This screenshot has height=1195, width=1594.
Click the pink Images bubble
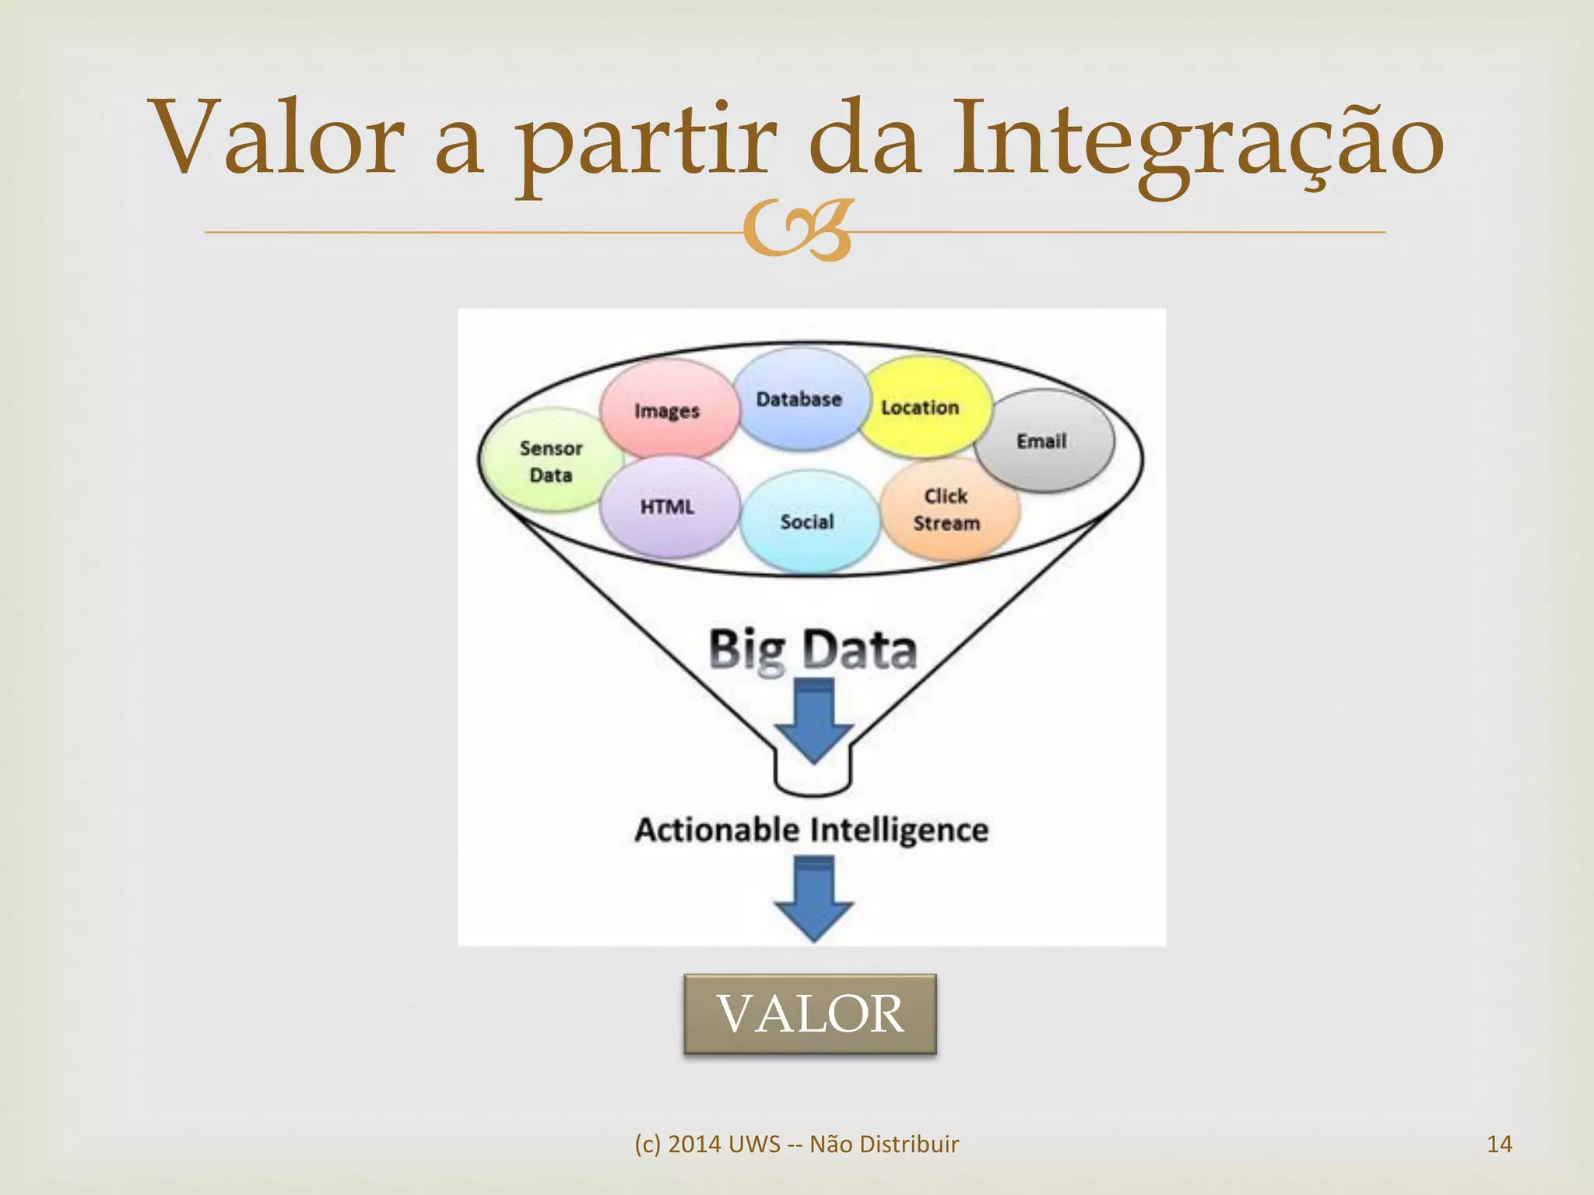tap(668, 410)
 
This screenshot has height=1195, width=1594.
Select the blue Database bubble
tap(799, 399)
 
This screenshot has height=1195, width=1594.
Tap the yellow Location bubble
tap(923, 407)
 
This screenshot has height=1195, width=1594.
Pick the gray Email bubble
tap(1044, 441)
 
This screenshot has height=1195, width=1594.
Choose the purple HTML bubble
tap(668, 507)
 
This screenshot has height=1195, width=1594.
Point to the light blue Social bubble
tap(808, 522)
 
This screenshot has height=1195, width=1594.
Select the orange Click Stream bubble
tap(947, 510)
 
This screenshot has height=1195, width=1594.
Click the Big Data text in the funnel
tap(813, 650)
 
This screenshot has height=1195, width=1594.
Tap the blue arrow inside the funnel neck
tap(813, 720)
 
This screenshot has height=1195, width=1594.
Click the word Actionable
tap(717, 830)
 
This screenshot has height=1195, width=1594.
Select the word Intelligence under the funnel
tap(900, 830)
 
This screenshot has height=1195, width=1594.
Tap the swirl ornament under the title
tap(796, 231)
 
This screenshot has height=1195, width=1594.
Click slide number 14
tap(1498, 1144)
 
